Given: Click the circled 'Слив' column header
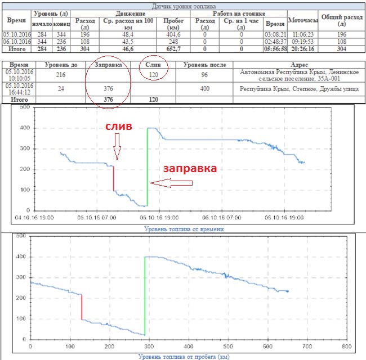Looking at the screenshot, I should [153, 65].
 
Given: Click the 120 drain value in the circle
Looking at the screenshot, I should [153, 73].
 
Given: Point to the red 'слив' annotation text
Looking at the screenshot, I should [119, 128].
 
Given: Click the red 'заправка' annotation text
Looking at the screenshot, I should [190, 168].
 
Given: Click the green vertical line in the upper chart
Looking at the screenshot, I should [148, 166].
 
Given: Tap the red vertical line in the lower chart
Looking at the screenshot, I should [82, 307].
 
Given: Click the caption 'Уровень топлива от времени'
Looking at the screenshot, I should [185, 229].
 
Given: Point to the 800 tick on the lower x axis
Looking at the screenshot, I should [346, 346].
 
